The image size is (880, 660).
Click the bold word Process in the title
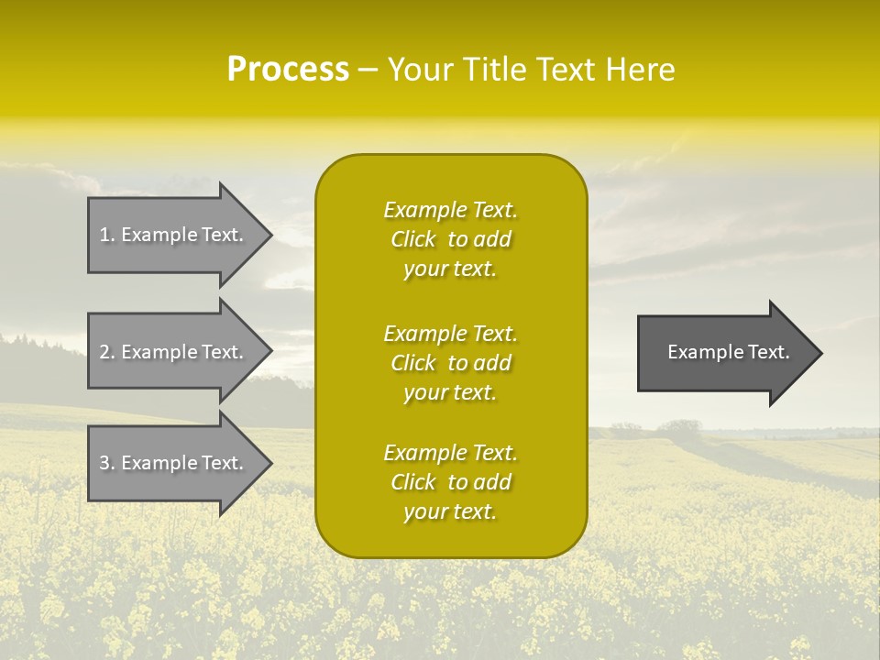click(x=288, y=70)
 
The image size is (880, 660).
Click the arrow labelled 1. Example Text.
click(x=174, y=235)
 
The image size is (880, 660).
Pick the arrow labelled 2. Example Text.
click(x=174, y=352)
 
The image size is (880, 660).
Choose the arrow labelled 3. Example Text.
click(x=174, y=463)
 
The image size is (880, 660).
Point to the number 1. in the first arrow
click(x=106, y=235)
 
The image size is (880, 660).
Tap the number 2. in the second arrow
click(x=106, y=352)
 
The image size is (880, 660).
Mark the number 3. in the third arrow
click(x=106, y=463)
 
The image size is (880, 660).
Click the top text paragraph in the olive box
click(x=450, y=239)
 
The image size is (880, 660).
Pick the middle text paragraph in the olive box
click(x=450, y=363)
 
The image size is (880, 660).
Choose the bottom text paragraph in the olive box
click(x=450, y=482)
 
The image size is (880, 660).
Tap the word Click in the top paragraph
click(x=412, y=240)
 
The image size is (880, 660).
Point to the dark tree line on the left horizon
click(x=37, y=353)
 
